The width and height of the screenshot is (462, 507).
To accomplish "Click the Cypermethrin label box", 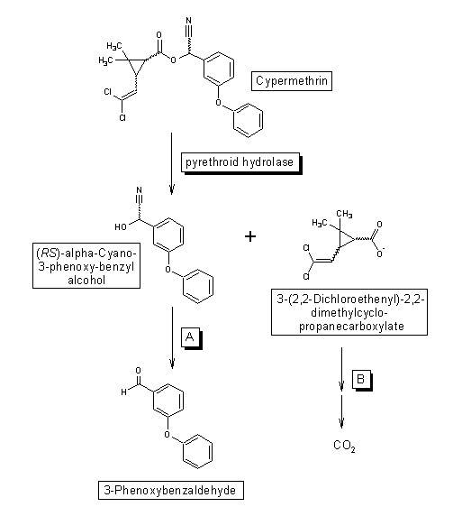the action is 292,81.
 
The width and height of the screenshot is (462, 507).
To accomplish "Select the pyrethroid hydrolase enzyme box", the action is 240,162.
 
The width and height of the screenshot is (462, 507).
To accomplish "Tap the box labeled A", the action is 191,338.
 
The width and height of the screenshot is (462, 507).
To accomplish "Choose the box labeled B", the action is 362,380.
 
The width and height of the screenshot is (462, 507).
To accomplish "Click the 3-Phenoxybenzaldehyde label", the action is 171,490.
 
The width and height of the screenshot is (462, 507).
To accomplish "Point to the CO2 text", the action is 344,446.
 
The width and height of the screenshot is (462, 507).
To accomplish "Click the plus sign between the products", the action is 250,236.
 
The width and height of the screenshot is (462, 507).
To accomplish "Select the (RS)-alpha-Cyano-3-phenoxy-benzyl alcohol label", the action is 86,265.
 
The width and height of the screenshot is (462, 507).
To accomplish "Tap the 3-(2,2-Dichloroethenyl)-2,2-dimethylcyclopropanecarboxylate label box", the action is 349,312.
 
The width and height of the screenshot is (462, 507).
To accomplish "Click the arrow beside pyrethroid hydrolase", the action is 171,163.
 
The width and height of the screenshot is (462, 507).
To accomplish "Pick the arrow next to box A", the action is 172,337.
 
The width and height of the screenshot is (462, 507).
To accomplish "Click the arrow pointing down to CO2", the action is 341,411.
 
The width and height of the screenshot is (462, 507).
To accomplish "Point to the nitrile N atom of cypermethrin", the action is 189,21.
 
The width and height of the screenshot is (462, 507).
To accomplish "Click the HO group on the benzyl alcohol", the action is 121,227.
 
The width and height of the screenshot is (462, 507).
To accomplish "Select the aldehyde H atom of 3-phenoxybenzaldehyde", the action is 123,392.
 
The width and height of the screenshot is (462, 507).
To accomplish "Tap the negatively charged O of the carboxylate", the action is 380,253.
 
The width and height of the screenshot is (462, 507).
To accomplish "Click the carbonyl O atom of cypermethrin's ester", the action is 159,35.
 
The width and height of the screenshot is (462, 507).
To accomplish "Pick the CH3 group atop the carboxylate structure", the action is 344,214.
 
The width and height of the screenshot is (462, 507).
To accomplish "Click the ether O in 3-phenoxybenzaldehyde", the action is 167,434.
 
